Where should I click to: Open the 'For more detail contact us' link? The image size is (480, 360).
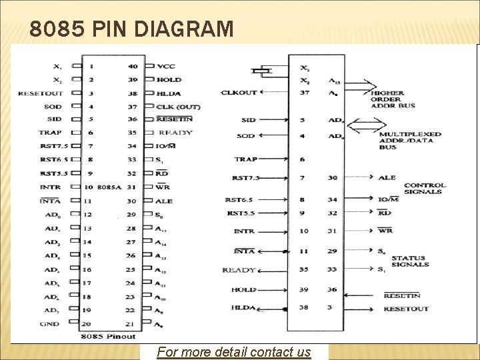(234, 351)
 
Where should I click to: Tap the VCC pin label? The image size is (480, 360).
(166, 67)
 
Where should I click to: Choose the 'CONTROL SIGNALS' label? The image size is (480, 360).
(423, 188)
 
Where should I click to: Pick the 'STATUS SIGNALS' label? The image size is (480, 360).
(410, 261)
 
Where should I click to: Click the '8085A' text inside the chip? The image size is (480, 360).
(111, 187)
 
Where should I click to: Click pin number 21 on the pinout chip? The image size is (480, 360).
(131, 324)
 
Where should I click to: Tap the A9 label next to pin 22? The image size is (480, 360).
(159, 310)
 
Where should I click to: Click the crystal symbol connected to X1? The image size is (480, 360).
(264, 70)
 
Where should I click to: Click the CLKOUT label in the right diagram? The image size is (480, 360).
(239, 93)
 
